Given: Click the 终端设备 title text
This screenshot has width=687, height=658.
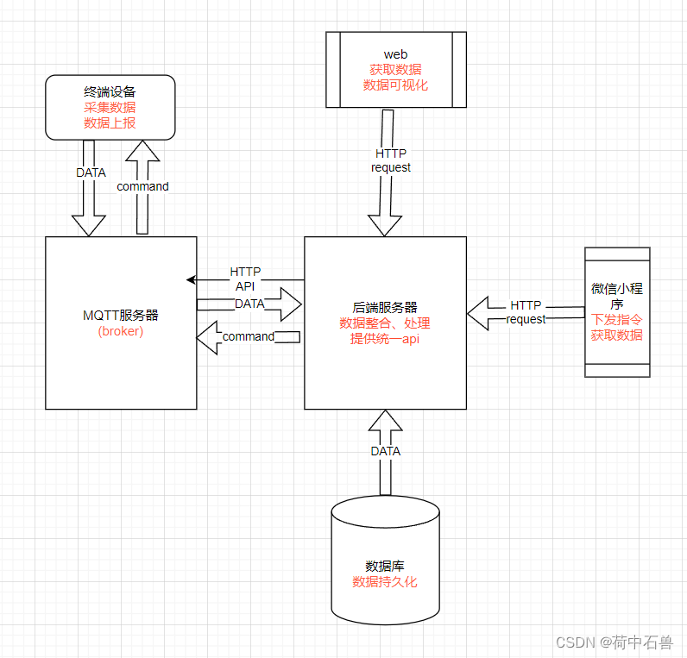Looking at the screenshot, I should tap(110, 91).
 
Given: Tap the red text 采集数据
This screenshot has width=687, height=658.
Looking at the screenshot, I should tap(110, 107).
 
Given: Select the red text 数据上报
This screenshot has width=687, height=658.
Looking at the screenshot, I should tap(110, 122).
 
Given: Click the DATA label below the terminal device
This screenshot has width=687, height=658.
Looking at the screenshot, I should tap(91, 172).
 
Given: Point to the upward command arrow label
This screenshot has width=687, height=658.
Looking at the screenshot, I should tap(142, 186).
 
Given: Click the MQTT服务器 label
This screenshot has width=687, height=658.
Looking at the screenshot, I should tap(120, 316).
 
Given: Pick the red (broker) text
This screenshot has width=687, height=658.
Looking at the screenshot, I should tap(120, 331).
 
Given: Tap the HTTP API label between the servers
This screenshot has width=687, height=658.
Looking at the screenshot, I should tap(245, 279).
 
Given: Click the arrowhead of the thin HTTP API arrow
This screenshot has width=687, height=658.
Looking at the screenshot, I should tap(191, 279).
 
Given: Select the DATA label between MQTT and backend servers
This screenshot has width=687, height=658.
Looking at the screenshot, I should tap(249, 304).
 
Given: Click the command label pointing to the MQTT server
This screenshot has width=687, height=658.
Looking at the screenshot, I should tap(249, 336).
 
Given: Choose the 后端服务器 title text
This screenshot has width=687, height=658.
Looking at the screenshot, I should tap(385, 307).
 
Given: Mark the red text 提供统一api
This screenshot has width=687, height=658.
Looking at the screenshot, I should tap(385, 338).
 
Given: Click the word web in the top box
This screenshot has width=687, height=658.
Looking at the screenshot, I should tap(395, 54).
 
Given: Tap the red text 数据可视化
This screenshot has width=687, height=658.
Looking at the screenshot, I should tap(395, 85).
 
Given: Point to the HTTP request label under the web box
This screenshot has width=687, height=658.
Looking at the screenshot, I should tap(391, 160).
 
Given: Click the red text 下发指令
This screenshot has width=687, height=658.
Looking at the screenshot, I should tap(616, 320).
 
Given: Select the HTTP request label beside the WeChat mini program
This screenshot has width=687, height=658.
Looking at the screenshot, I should tap(526, 312).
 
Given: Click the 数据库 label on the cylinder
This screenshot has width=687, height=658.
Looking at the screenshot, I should tap(385, 567).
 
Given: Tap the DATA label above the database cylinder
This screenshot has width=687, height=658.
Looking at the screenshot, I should tap(385, 450).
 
